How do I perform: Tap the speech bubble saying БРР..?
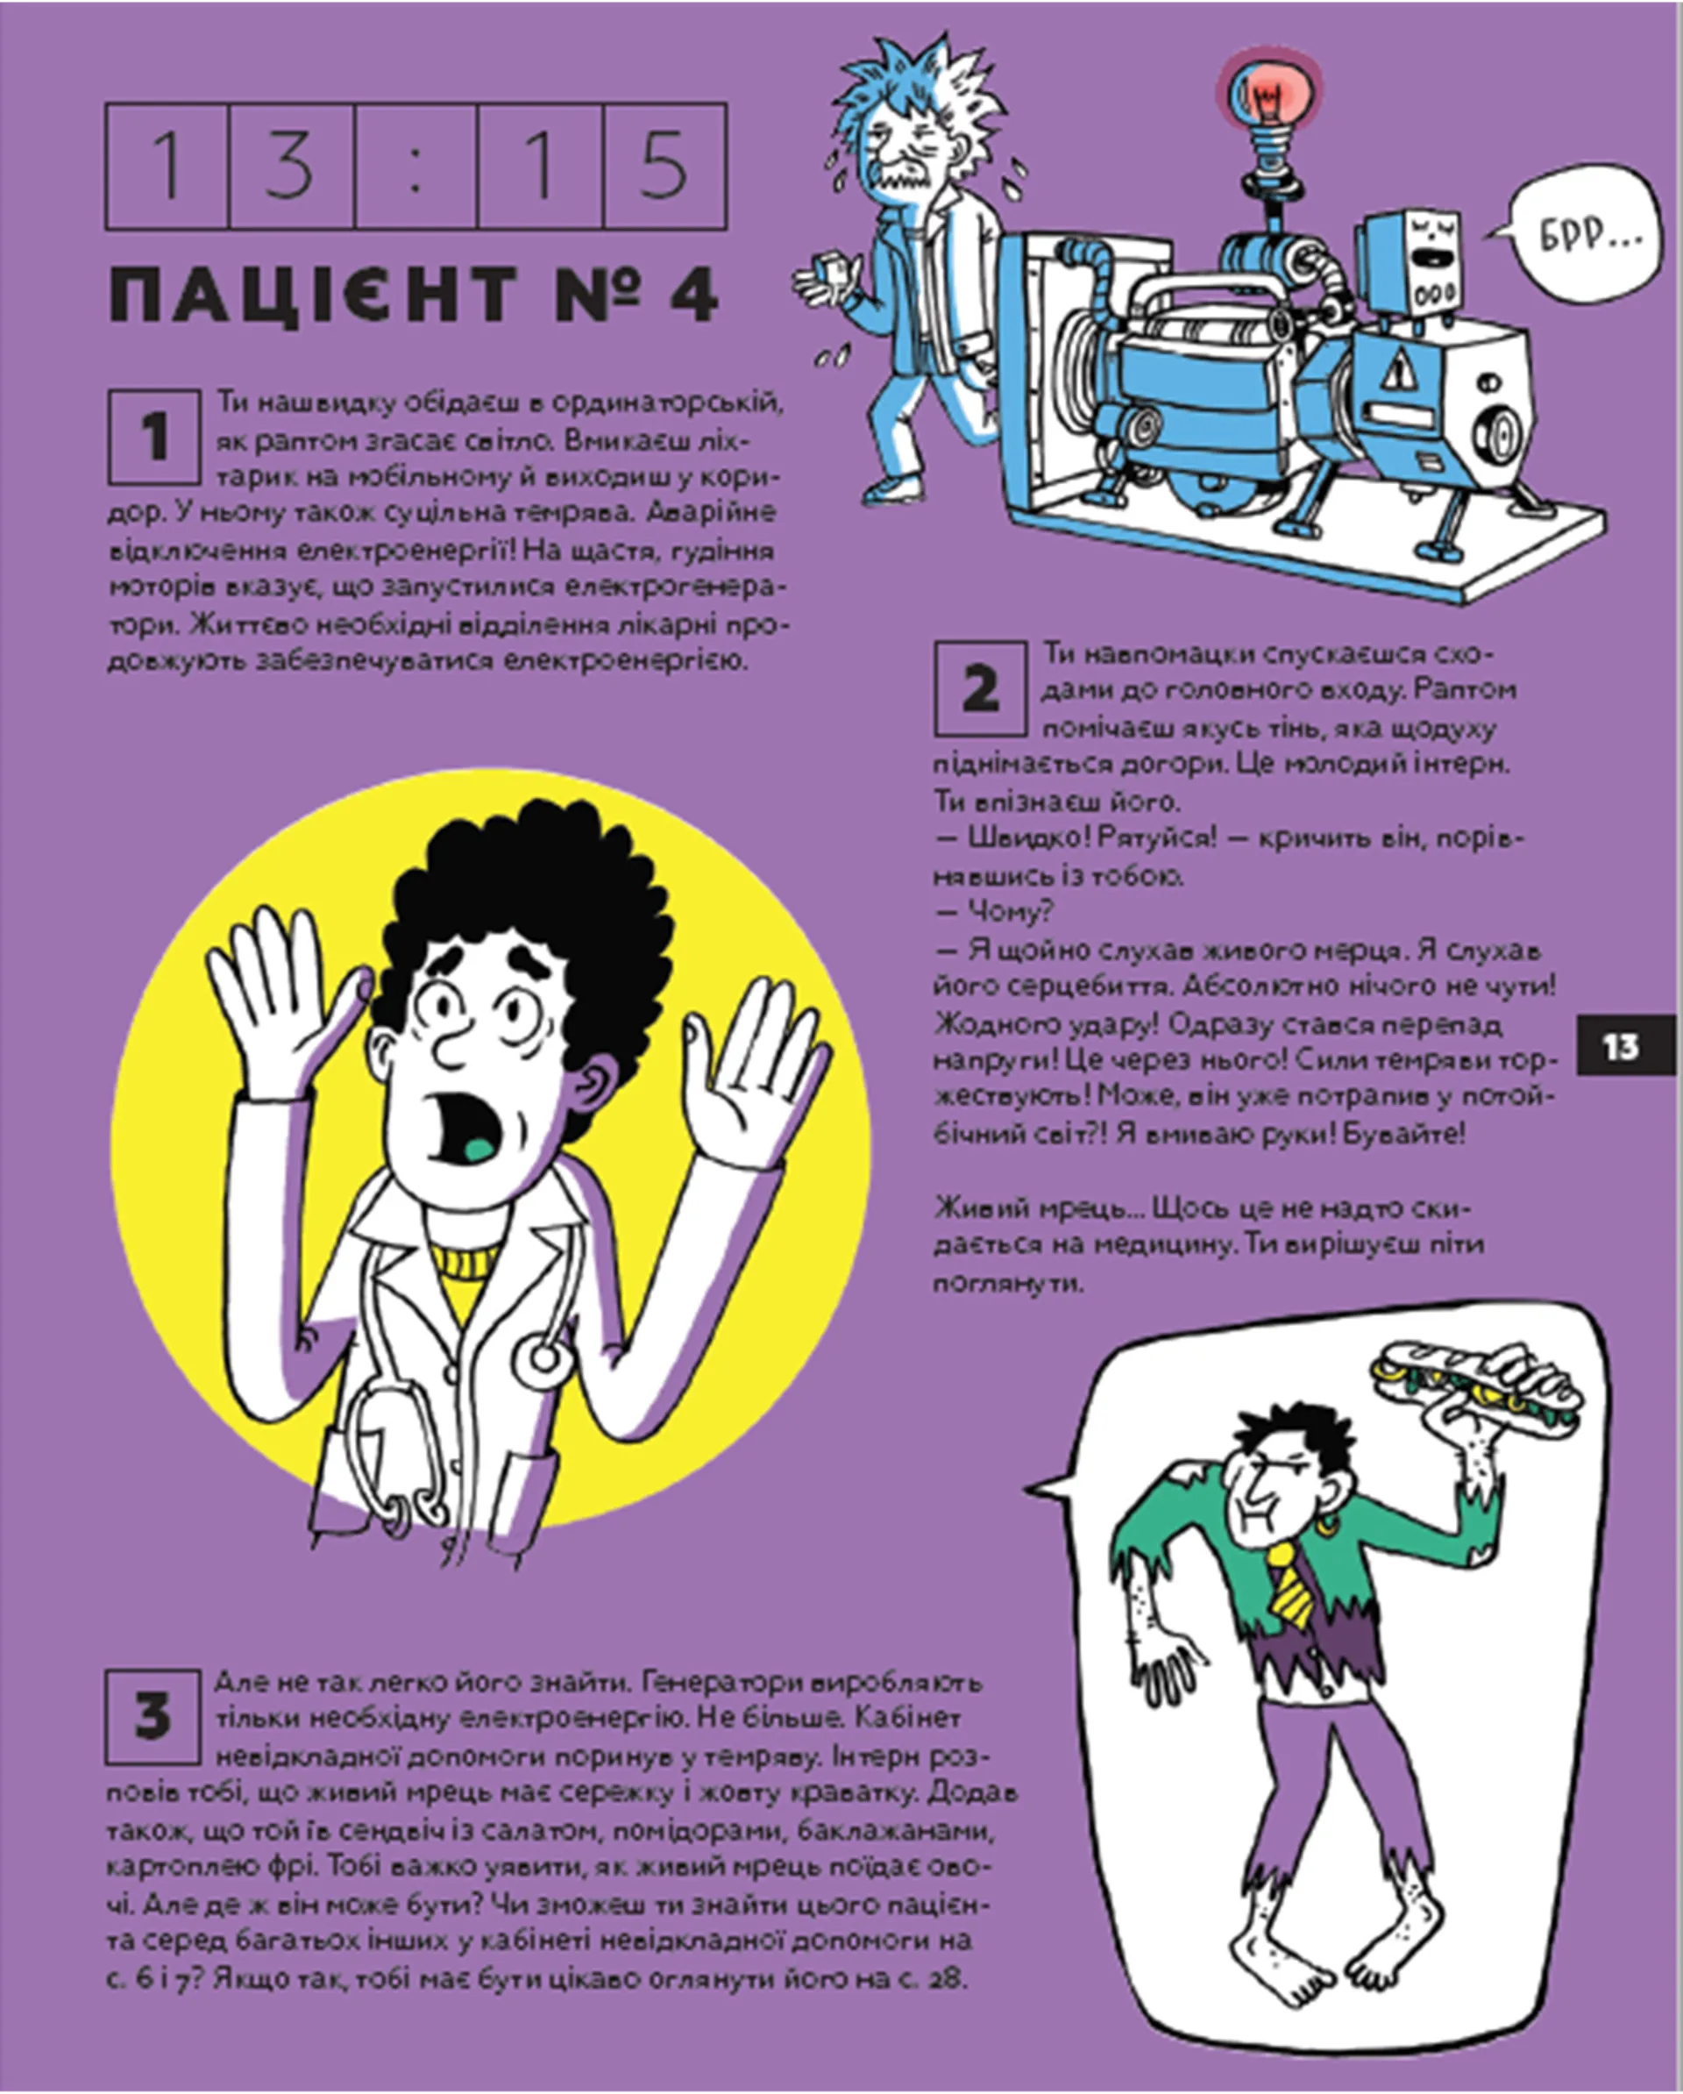point(1583,234)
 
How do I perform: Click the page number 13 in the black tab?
point(1620,1047)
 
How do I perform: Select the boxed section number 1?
point(154,437)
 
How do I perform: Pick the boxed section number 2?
point(980,688)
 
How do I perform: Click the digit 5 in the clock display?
point(664,166)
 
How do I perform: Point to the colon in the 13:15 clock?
point(416,166)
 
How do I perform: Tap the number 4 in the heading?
point(692,292)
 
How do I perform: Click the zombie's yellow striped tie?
point(1292,1583)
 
